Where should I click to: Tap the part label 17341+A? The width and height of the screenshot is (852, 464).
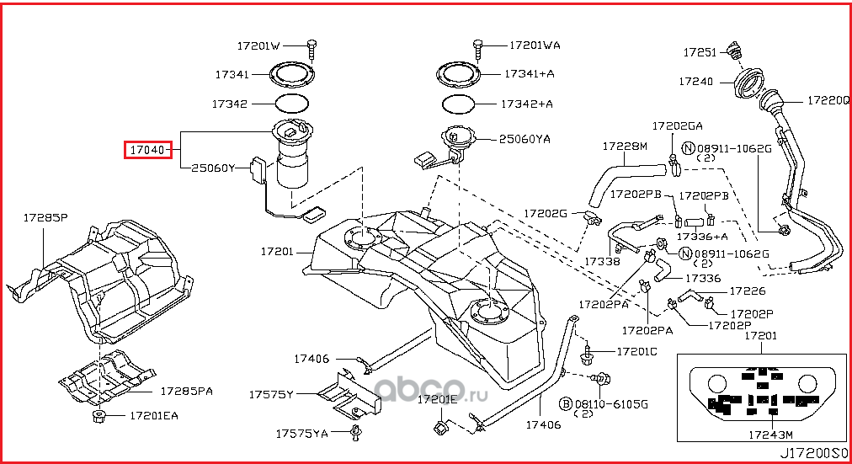(x=530, y=74)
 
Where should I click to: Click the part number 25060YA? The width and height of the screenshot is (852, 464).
(x=525, y=139)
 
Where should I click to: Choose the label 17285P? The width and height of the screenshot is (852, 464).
(x=45, y=218)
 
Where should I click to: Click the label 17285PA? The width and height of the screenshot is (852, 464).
(x=186, y=392)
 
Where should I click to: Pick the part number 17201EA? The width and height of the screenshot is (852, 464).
(x=153, y=415)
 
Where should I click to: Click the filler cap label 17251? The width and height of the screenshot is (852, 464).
(x=699, y=52)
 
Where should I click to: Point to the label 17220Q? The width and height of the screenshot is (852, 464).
(x=828, y=99)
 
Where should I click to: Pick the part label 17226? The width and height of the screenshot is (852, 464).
(x=747, y=291)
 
